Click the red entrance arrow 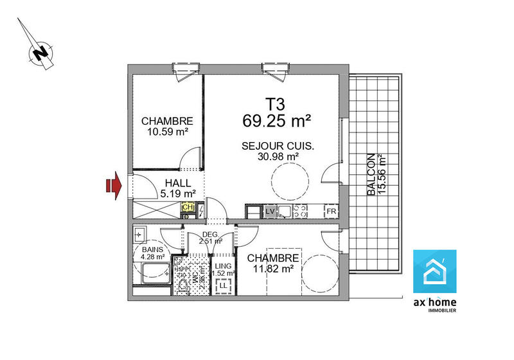point(113,186)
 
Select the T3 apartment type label point(274,104)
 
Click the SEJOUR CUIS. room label point(278,145)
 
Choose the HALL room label point(178,183)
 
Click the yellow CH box point(188,208)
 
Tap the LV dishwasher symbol point(270,211)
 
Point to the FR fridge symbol point(331,212)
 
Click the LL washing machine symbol point(223,285)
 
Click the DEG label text point(211,234)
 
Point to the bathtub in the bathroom point(154,273)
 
